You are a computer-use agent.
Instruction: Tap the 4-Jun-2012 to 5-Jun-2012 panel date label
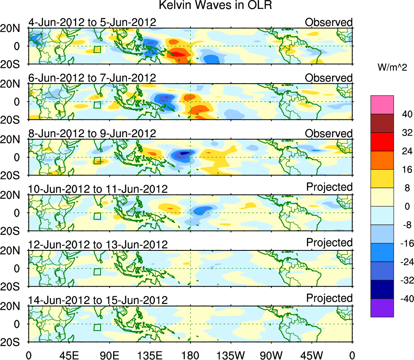click(92, 22)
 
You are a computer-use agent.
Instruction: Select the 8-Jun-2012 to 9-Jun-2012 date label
click(92, 134)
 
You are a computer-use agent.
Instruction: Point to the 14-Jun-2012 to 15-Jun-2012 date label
click(98, 300)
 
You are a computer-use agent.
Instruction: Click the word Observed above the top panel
click(329, 22)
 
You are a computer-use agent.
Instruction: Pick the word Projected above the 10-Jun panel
click(329, 187)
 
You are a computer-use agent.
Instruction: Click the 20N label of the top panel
click(14, 29)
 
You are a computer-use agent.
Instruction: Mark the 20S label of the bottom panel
click(14, 342)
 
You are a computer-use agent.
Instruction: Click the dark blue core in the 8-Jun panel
click(184, 153)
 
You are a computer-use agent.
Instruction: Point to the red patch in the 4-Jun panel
click(178, 53)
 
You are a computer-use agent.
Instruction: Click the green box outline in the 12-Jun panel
click(97, 272)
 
